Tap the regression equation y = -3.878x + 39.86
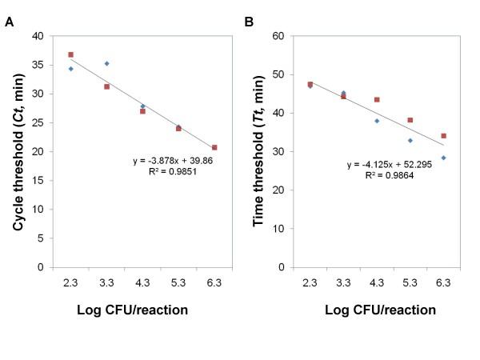(173, 161)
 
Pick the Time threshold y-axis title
(258, 151)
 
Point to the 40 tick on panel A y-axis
(38, 36)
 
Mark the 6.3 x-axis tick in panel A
(214, 282)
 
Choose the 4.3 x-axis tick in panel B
(377, 282)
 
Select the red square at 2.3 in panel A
(70, 54)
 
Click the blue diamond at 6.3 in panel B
(443, 158)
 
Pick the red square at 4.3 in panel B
(377, 100)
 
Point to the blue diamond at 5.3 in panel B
(410, 140)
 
